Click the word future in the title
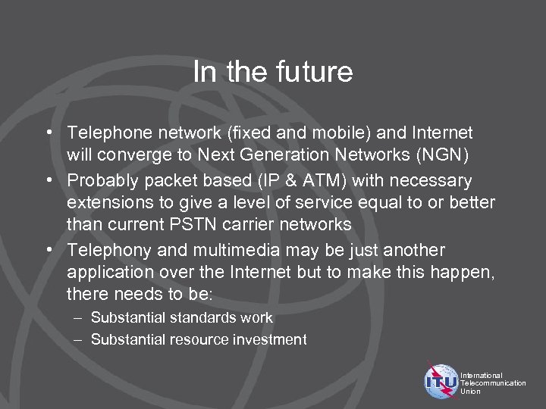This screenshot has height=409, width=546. coord(316,72)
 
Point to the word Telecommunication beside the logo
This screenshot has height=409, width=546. coord(493,383)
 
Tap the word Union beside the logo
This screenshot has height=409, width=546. coord(470,392)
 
